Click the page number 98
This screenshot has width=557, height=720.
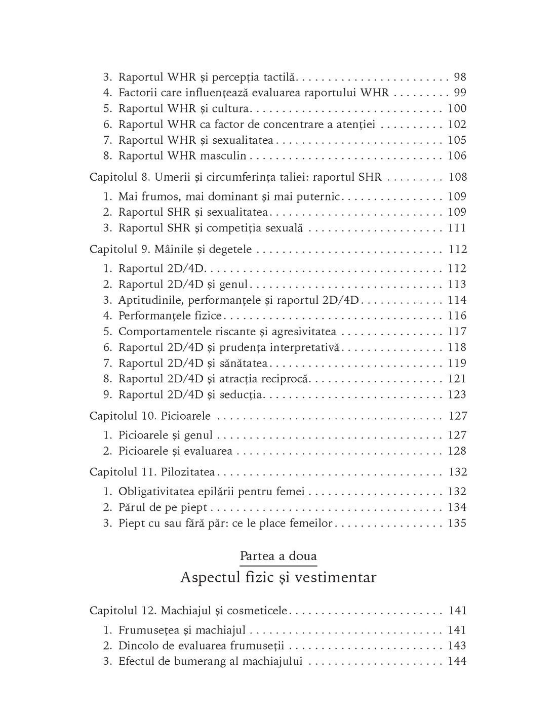point(460,77)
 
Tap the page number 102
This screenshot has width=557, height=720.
point(457,124)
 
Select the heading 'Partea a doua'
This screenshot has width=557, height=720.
point(278,556)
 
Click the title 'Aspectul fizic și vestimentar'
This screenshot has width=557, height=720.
point(278,577)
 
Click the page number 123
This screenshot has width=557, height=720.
point(457,394)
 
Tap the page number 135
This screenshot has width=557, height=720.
point(457,523)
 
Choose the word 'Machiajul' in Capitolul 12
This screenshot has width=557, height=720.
point(184,611)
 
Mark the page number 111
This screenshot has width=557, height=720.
point(457,227)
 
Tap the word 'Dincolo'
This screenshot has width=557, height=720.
point(138,646)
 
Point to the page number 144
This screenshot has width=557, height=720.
point(457,661)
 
